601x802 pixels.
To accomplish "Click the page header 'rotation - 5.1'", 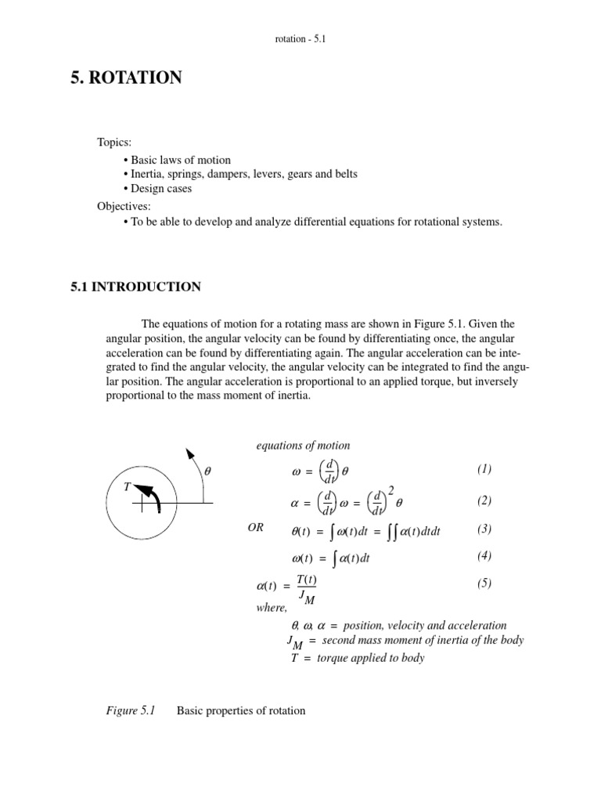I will click(x=300, y=38).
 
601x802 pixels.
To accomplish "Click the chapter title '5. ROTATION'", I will click(x=126, y=78).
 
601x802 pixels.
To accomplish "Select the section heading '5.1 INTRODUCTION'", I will click(x=135, y=287).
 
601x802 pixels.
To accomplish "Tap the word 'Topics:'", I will click(x=114, y=143).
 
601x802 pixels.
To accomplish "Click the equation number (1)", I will click(x=484, y=469).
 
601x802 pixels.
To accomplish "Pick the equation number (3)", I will click(x=484, y=529).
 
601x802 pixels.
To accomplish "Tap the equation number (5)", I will click(x=484, y=583).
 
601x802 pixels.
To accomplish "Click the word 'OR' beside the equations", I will click(x=256, y=529).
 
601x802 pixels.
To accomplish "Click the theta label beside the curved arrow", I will click(x=207, y=472).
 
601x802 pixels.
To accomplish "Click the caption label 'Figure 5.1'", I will click(x=131, y=711).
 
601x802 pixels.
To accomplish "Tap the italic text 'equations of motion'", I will click(x=303, y=446).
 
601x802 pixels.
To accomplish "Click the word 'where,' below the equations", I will click(x=272, y=608).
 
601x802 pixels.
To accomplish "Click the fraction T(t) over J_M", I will click(x=304, y=587).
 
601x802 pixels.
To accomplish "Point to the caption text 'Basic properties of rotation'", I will click(x=241, y=711).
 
